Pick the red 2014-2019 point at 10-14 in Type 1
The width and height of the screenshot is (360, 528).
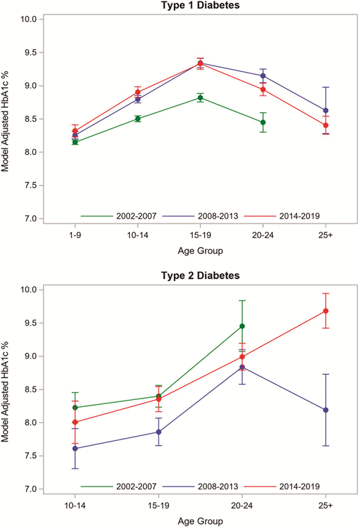click(x=138, y=92)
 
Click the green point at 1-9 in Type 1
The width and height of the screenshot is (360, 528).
click(x=75, y=142)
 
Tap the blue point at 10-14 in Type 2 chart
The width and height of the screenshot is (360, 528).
click(x=75, y=448)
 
